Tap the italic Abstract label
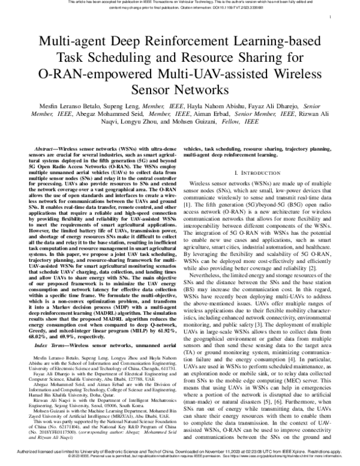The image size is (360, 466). (x=47, y=148)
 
